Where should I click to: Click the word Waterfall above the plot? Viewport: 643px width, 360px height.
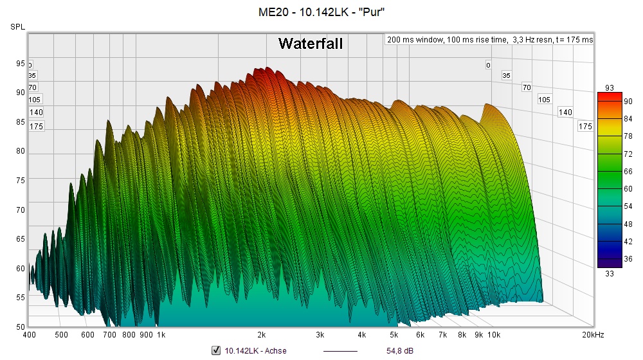pos(311,44)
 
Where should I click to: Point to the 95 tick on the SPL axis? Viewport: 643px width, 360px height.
pos(21,63)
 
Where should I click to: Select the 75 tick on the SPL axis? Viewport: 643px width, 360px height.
pos(21,181)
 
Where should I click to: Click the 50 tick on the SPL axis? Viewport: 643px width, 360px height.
pos(21,327)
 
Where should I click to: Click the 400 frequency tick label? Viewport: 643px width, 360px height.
pos(30,335)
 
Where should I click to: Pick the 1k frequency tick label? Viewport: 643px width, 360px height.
pos(161,335)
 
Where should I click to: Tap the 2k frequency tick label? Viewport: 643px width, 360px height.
pos(262,335)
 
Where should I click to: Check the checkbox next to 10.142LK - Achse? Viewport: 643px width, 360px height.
pos(216,350)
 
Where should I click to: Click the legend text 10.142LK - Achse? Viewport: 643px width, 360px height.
pos(255,350)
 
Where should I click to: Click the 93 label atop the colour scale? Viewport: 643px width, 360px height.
pos(610,87)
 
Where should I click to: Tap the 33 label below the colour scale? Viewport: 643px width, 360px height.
pos(610,273)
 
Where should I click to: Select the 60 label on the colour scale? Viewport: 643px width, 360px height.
pos(628,189)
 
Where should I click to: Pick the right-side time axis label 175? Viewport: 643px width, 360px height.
pos(585,127)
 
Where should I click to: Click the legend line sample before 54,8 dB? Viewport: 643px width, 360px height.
pos(340,350)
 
